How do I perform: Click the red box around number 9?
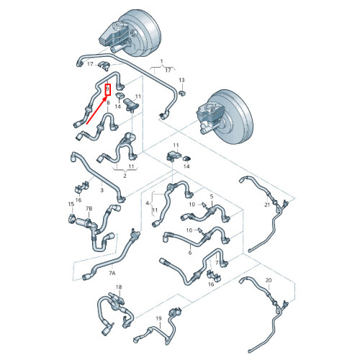tap(108, 89)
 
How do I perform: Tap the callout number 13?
tap(181, 80)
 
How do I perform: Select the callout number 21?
tap(267, 204)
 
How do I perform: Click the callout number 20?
tap(269, 280)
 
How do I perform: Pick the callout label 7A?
tap(112, 273)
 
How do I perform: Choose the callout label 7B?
tap(89, 209)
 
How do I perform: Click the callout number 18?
tap(119, 287)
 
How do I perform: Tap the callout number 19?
tap(158, 318)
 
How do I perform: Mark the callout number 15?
tap(71, 204)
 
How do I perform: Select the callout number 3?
tap(102, 190)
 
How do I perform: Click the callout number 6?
tap(190, 253)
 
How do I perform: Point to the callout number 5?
tap(212, 197)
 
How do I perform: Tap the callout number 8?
tap(108, 103)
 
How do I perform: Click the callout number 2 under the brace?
tap(125, 176)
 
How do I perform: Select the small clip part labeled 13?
tap(182, 94)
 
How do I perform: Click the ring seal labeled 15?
tap(71, 219)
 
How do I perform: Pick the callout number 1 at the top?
tap(161, 61)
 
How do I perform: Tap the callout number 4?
tap(147, 203)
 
